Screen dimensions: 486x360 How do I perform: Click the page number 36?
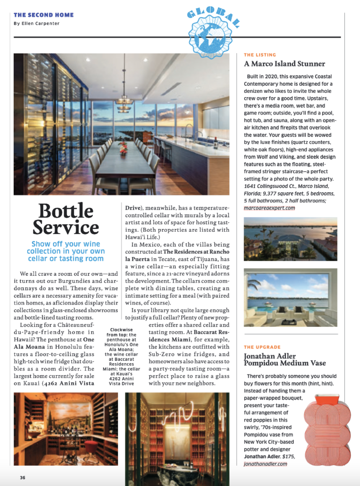point(22,478)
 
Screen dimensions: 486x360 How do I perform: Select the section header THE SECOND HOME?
point(44,15)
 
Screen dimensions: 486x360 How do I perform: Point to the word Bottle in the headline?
point(66,211)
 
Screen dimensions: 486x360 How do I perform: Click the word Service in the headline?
point(66,228)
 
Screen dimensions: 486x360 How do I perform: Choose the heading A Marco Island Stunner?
point(285,64)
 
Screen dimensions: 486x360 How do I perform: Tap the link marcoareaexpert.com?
point(270,207)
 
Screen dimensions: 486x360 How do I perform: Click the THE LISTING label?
point(260,55)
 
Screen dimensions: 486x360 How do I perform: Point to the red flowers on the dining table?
point(124,149)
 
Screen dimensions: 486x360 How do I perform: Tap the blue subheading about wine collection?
point(66,251)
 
